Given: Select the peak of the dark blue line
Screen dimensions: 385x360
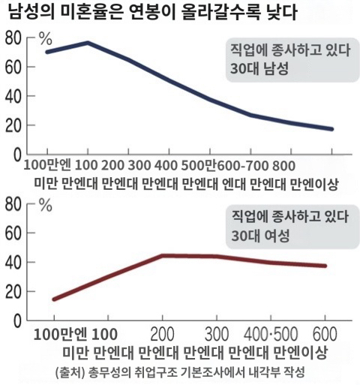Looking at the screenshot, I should [88, 43].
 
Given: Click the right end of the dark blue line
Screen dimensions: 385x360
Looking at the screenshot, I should [331, 129].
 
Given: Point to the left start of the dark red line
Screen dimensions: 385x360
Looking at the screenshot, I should [54, 299].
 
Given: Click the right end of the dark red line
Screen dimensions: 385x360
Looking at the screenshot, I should [325, 266].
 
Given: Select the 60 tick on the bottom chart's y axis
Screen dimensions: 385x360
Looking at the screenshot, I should [14, 233].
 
